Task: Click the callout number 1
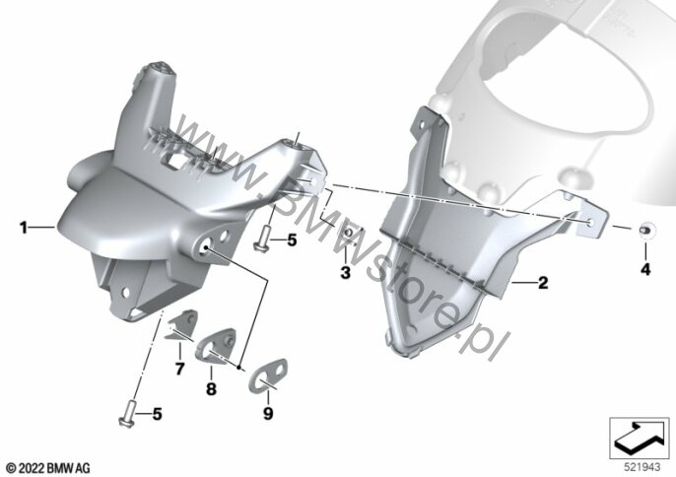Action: click(x=24, y=228)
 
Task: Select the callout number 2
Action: click(x=543, y=283)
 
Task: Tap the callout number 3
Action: click(x=345, y=273)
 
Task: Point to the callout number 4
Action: click(x=645, y=270)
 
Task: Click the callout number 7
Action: click(x=179, y=369)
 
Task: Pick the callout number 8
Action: click(x=211, y=389)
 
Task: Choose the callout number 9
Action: click(x=268, y=414)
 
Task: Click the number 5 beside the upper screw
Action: click(x=293, y=240)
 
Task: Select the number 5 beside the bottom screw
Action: click(x=158, y=415)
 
